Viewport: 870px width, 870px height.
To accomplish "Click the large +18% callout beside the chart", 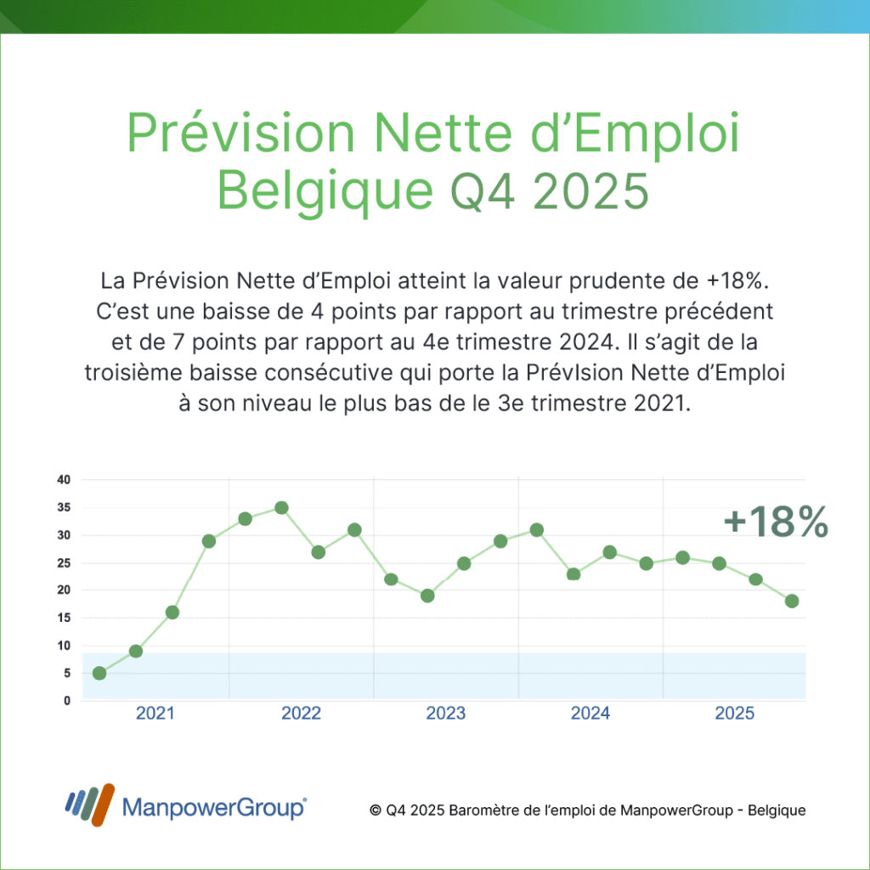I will [x=776, y=523].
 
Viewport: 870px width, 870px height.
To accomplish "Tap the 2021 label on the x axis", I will [x=155, y=714].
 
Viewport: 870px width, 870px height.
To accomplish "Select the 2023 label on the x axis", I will [x=445, y=714].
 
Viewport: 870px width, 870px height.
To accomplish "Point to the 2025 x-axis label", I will [x=735, y=714].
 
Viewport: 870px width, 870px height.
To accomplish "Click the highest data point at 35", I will [x=281, y=508].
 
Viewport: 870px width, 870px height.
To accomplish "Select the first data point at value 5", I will [x=99, y=673].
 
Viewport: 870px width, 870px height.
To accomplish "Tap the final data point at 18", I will [x=792, y=601].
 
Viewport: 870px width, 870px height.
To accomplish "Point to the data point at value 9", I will [x=136, y=651].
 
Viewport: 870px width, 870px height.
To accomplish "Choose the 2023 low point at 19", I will [x=427, y=596].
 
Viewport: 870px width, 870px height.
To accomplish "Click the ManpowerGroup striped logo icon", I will [x=89, y=805].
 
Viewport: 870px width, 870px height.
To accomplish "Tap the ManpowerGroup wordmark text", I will [x=214, y=807].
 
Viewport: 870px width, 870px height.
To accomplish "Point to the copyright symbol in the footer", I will [x=376, y=811].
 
